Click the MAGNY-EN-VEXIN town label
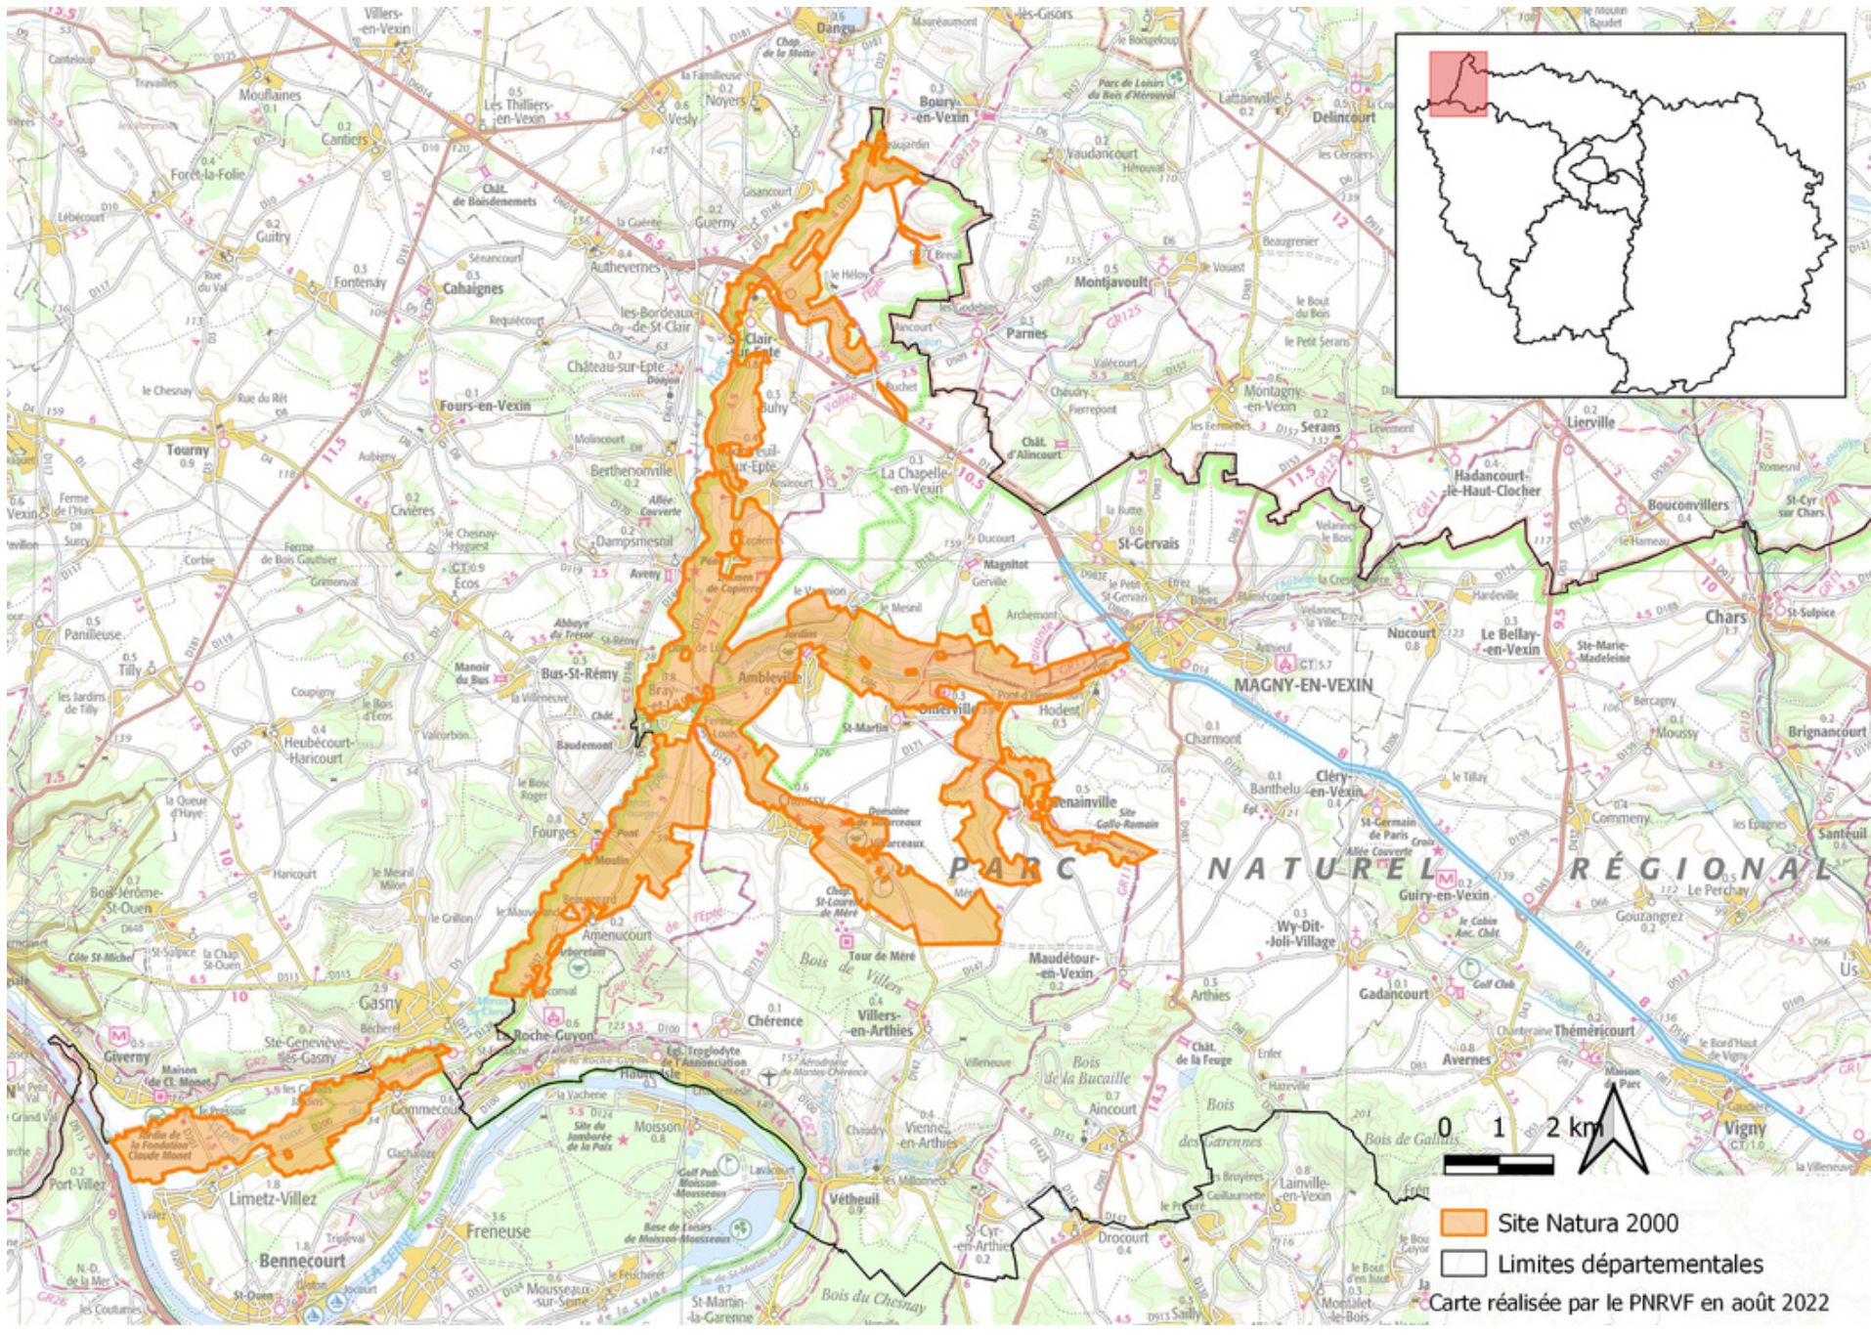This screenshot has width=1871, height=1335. [1302, 685]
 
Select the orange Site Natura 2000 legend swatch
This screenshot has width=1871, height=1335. [1462, 1223]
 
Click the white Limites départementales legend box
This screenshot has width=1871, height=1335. [1462, 1264]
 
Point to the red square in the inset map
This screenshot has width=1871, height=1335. [1458, 84]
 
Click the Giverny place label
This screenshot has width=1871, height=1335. [127, 1056]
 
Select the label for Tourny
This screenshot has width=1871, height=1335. [188, 451]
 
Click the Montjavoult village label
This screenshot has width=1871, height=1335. [1110, 281]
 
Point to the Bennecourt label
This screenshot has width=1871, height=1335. [302, 1261]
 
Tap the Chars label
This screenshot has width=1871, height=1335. [1725, 618]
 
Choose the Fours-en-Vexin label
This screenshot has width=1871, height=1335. [485, 406]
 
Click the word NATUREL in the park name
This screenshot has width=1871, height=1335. [1322, 869]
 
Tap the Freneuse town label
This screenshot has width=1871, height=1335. [498, 1230]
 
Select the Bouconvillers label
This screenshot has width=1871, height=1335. [1687, 505]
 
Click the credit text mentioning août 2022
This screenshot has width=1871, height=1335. [1628, 1303]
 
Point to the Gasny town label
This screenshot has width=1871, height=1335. [379, 1003]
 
